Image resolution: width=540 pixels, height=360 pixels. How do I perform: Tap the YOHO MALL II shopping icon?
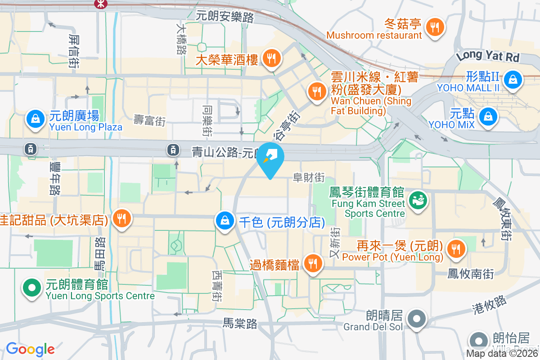[512, 80]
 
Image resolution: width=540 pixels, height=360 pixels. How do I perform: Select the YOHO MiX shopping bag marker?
[487, 117]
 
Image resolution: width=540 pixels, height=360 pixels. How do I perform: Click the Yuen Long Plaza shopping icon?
[35, 119]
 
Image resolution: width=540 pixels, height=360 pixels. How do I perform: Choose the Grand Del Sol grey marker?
[417, 319]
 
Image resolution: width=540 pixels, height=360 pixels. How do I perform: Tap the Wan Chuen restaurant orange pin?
[318, 92]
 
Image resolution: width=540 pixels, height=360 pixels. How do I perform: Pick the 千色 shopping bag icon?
[224, 220]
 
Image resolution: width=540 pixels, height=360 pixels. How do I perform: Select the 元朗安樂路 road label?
[225, 17]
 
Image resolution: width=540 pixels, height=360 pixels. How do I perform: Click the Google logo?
[30, 349]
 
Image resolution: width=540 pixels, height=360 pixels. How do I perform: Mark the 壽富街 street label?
[150, 120]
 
